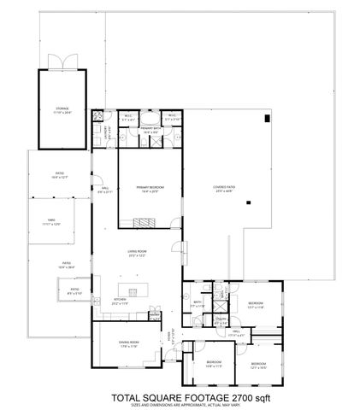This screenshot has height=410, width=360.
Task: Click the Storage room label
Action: coord(62,110)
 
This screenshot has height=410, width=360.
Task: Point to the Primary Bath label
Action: coord(151,130)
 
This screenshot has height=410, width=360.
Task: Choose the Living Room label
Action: coord(138,254)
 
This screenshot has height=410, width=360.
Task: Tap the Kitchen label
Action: coord(120,301)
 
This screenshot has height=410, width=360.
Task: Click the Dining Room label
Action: coord(129,344)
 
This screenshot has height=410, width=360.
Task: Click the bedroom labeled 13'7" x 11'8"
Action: coord(256,304)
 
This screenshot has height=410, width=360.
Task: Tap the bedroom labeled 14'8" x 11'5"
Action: coord(213,365)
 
